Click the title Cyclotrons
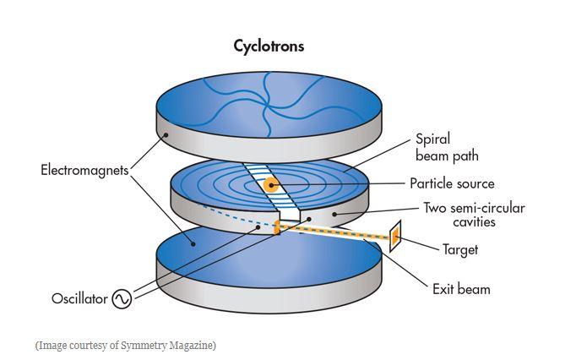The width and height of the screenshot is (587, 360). click(269, 46)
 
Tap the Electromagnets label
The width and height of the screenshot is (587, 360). click(84, 170)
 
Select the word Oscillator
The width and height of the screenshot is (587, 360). click(79, 298)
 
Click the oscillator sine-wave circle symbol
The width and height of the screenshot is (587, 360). click(122, 299)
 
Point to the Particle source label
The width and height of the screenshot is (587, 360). click(452, 183)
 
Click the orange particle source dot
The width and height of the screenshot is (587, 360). click(270, 185)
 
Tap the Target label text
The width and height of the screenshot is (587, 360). click(460, 249)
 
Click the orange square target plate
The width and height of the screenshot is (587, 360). click(395, 236)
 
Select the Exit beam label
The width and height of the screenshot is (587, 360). click(461, 289)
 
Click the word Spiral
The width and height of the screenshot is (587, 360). click(432, 139)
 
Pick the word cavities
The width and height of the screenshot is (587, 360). click(474, 221)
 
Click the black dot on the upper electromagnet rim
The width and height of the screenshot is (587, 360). click(166, 134)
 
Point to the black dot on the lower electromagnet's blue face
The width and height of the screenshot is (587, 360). click(193, 243)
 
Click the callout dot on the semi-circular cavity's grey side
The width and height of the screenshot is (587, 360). click(334, 215)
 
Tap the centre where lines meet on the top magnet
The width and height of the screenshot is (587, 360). click(267, 104)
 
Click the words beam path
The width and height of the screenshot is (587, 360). click(447, 155)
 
